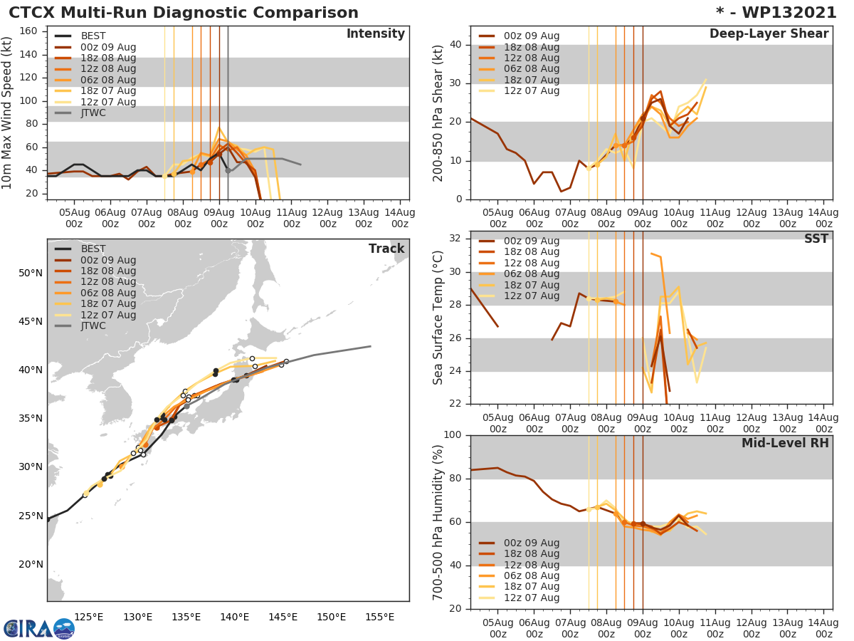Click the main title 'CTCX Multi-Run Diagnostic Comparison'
(x=184, y=13)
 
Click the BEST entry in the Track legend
(x=93, y=249)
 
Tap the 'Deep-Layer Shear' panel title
(x=769, y=34)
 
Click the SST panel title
(x=816, y=239)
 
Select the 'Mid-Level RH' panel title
(x=785, y=443)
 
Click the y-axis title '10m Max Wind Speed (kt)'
(x=8, y=113)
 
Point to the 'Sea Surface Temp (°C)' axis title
(x=438, y=318)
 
